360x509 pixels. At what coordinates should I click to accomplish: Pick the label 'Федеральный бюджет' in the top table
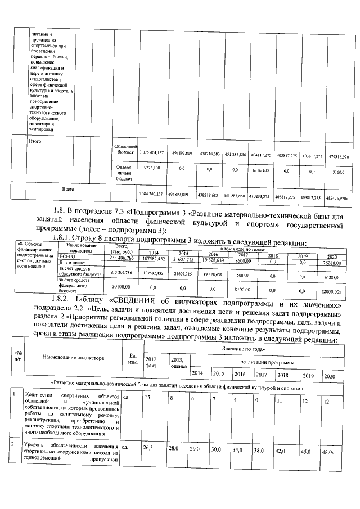[x=123, y=171]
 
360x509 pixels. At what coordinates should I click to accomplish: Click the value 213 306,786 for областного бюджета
[x=121, y=272]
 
